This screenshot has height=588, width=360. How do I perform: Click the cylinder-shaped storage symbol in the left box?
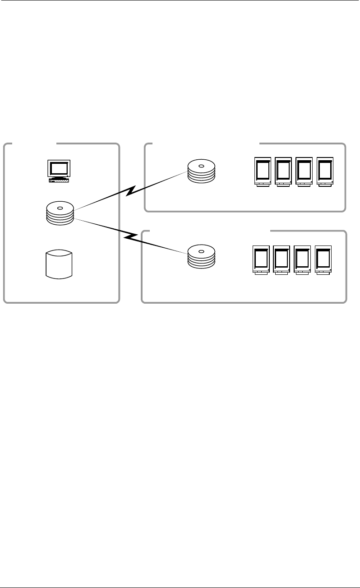(60, 265)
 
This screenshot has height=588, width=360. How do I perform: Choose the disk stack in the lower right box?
(201, 256)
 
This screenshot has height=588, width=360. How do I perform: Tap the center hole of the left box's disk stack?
(60, 207)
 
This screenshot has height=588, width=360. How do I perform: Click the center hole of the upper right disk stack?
(201, 166)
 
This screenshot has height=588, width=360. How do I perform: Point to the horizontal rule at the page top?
(180, 0)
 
